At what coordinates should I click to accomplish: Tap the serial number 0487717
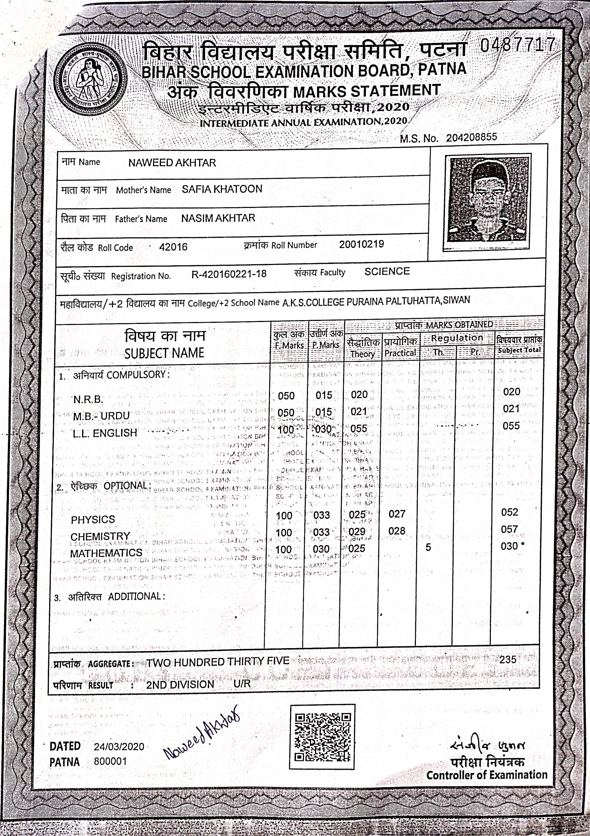point(517,46)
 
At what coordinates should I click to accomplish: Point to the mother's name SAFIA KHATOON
point(222,189)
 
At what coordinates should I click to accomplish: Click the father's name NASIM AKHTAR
point(218,218)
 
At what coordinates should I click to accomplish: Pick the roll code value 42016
point(173,247)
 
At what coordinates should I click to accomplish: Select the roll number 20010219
point(361,244)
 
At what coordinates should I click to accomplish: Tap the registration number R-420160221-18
point(229,274)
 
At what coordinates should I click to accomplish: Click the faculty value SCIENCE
point(387,271)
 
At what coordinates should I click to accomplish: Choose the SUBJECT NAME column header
point(164,353)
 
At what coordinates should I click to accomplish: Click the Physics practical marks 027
point(397,514)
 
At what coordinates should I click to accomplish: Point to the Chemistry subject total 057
point(509,529)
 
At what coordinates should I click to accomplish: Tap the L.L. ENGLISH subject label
point(105,433)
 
